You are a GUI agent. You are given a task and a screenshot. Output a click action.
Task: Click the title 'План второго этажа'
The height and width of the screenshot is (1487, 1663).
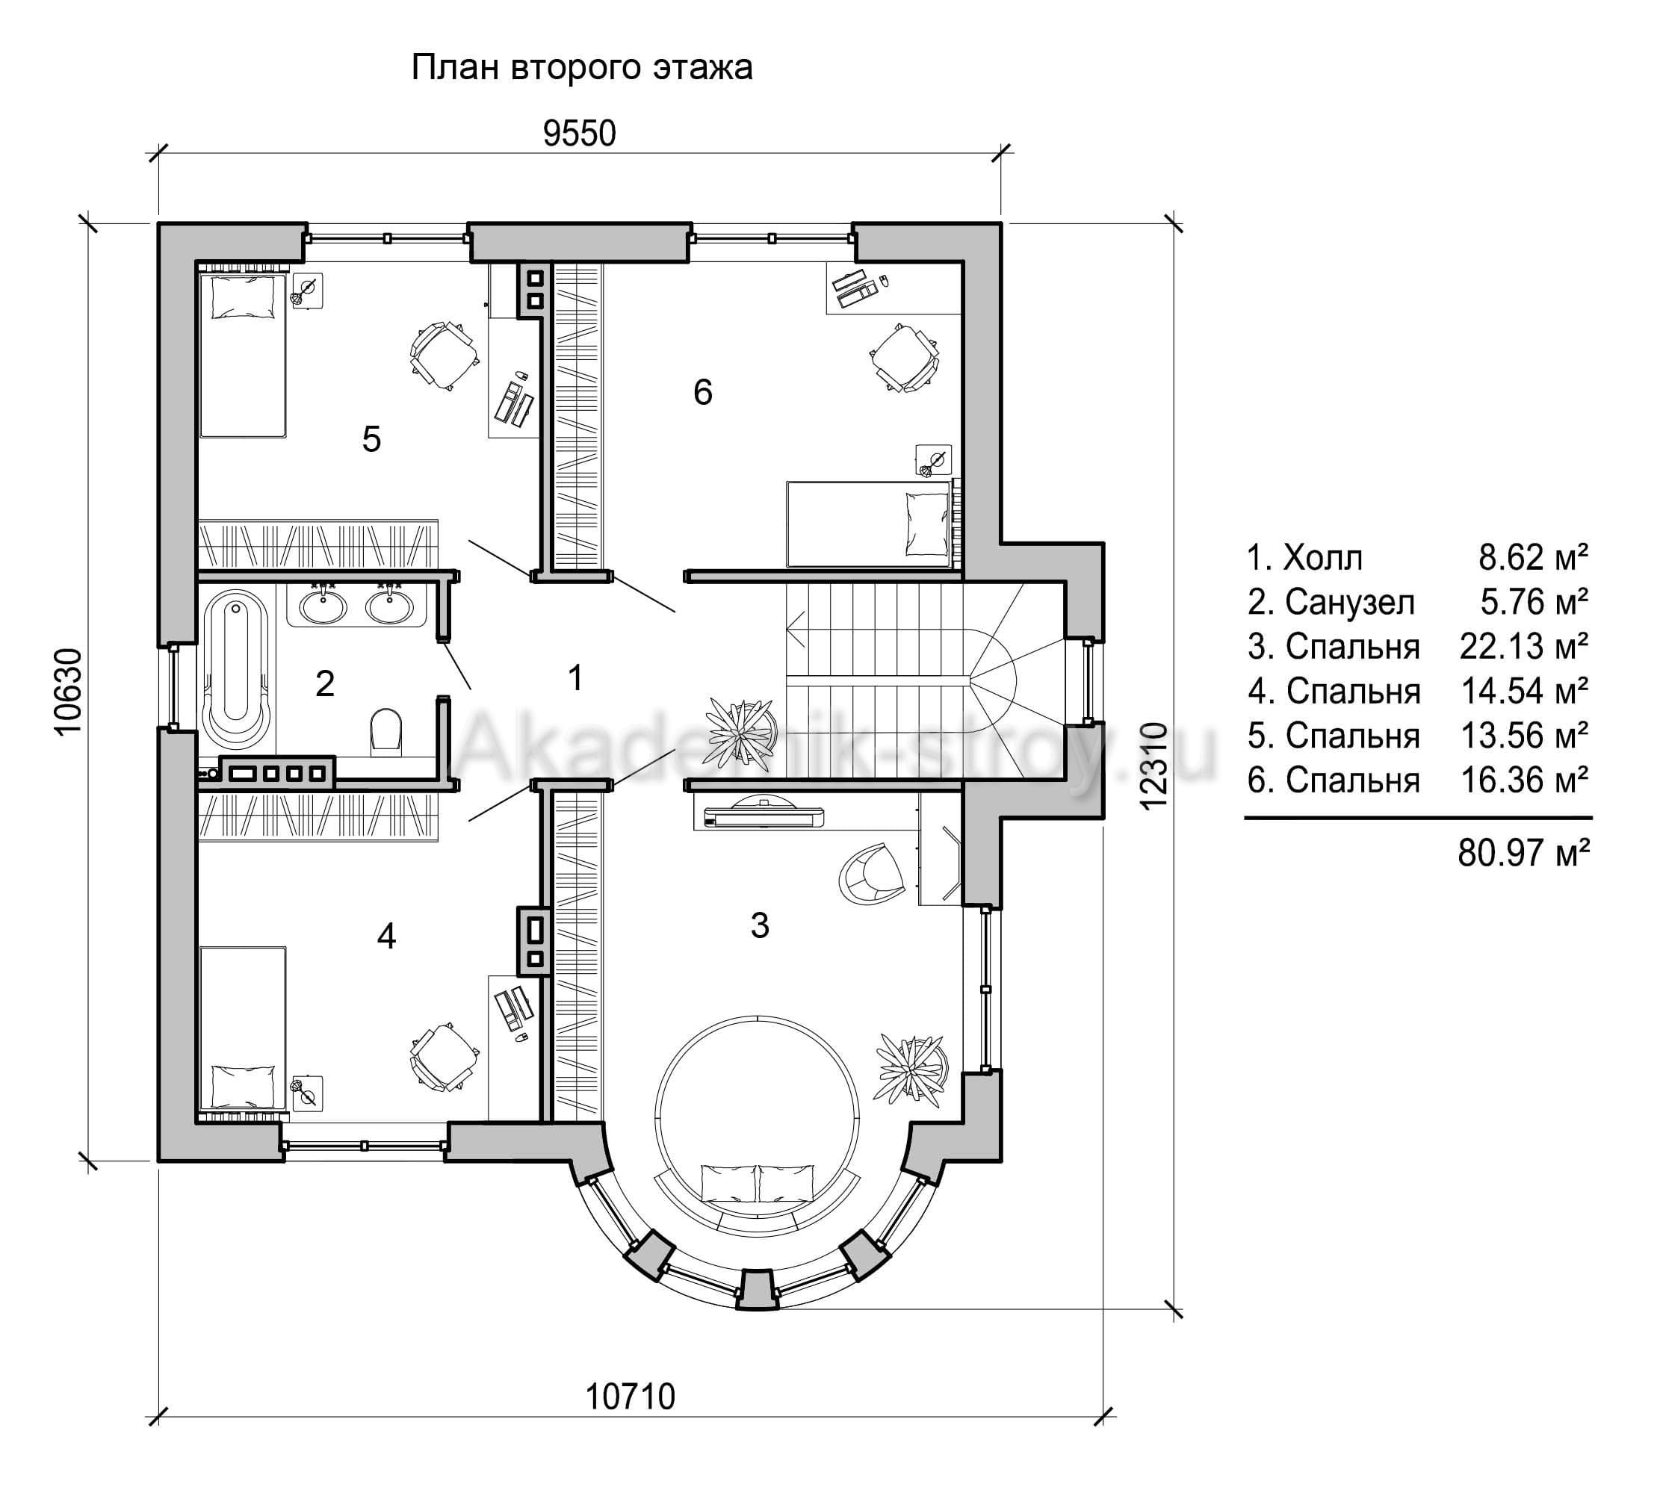(581, 68)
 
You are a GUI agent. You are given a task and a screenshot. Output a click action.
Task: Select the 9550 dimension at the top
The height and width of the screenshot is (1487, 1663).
(580, 134)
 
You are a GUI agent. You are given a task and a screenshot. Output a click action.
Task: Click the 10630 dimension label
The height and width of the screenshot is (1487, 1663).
(69, 691)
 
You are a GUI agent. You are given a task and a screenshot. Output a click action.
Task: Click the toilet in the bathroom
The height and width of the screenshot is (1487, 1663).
(386, 730)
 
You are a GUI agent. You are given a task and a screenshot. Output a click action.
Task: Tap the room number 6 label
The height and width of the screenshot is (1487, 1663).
(703, 393)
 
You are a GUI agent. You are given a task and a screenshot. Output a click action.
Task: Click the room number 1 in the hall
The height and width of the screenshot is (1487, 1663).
(575, 678)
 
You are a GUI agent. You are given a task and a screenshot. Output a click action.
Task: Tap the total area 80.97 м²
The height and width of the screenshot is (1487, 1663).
(1524, 854)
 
